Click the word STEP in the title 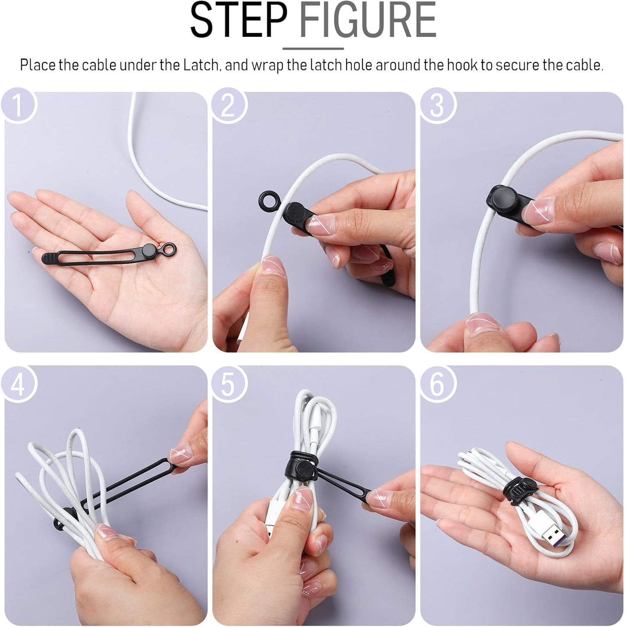[x=238, y=20]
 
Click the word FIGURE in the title [x=368, y=20]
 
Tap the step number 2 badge [x=228, y=105]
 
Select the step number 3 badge [x=437, y=105]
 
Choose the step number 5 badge [x=228, y=383]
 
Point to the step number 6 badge [x=437, y=383]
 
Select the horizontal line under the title [x=313, y=48]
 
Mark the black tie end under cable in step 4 [x=61, y=520]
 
